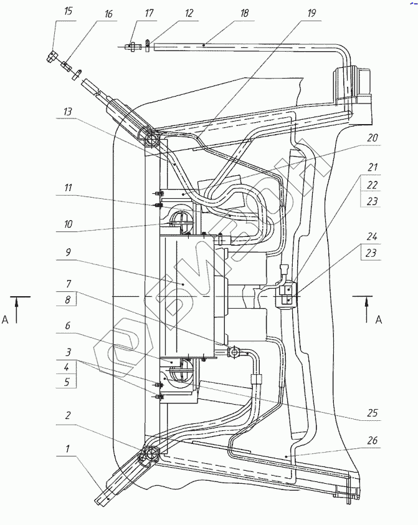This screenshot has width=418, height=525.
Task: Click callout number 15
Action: tap(68, 11)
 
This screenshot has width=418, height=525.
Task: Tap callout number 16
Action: tap(108, 14)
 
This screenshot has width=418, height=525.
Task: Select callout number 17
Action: tap(149, 13)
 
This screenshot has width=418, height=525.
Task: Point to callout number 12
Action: tap(189, 13)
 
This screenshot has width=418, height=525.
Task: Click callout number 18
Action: tap(244, 13)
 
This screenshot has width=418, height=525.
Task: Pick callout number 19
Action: tap(311, 13)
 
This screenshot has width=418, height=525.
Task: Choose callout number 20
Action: tap(372, 138)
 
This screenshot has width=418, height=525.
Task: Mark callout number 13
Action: tap(67, 111)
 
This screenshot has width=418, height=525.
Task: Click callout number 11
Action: tap(68, 188)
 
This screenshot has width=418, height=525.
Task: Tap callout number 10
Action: tap(68, 224)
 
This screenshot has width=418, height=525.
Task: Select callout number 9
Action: tap(69, 252)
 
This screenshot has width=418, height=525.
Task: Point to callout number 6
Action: tap(67, 325)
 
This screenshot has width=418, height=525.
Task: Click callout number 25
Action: tap(372, 413)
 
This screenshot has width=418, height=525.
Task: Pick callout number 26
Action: tap(372, 440)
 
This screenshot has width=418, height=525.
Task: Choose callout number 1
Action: tap(67, 448)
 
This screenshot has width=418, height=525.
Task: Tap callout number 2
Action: tap(68, 415)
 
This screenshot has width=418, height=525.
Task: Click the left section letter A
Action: tap(5, 320)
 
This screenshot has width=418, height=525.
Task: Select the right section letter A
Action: tap(379, 320)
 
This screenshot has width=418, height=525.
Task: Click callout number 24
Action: tap(372, 237)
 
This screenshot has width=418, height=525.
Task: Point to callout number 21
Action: tap(372, 167)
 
